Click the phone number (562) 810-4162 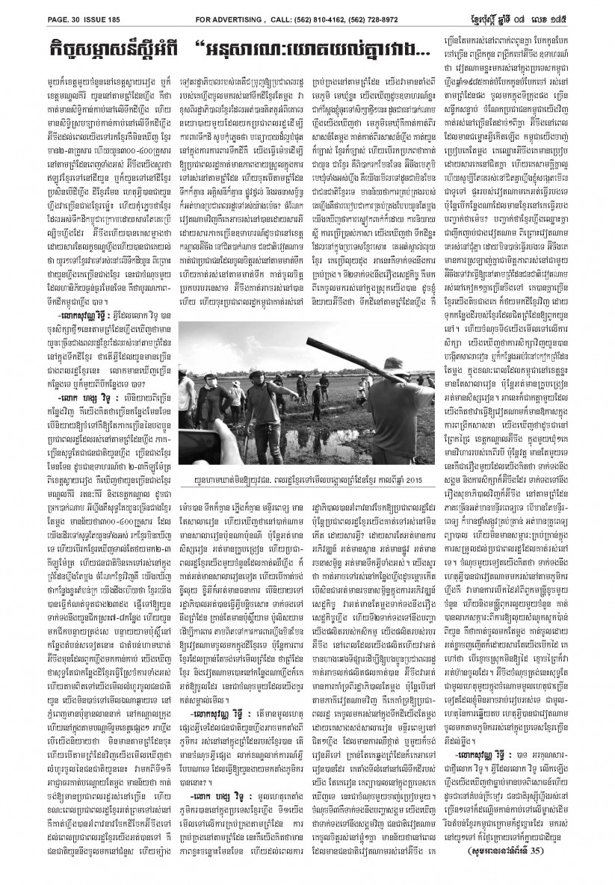(318, 10)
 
